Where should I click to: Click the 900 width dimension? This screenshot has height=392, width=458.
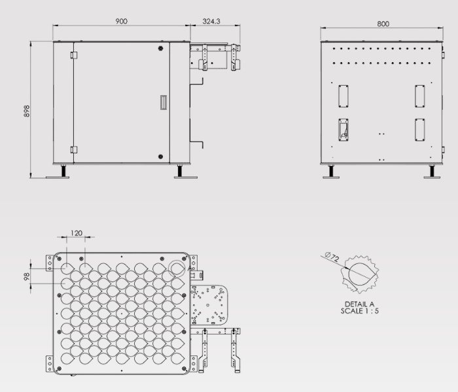pyautogui.click(x=121, y=21)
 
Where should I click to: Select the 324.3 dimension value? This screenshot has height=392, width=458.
pyautogui.click(x=211, y=21)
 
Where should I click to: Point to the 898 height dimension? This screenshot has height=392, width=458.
pyautogui.click(x=27, y=111)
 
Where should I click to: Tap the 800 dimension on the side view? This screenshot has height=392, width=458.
pyautogui.click(x=383, y=24)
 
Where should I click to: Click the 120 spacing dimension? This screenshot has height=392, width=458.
pyautogui.click(x=77, y=233)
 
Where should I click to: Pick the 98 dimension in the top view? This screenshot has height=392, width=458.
pyautogui.click(x=26, y=276)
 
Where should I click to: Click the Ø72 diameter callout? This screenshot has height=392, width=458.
pyautogui.click(x=332, y=258)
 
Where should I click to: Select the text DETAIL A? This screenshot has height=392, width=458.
pyautogui.click(x=359, y=304)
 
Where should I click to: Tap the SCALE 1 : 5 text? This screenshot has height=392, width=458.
pyautogui.click(x=359, y=311)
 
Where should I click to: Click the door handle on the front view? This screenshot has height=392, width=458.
pyautogui.click(x=164, y=103)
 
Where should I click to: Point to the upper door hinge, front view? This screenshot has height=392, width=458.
pyautogui.click(x=74, y=55)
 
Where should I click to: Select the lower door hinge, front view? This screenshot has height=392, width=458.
pyautogui.click(x=74, y=150)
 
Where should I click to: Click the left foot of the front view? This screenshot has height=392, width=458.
pyautogui.click(x=64, y=172)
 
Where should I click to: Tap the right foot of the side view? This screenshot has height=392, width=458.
pyautogui.click(x=431, y=172)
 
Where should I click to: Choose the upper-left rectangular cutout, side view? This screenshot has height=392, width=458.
pyautogui.click(x=343, y=95)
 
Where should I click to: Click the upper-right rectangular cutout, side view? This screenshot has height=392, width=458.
pyautogui.click(x=419, y=95)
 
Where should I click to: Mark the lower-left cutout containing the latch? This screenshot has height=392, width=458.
pyautogui.click(x=343, y=129)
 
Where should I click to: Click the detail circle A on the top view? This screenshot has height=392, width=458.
pyautogui.click(x=177, y=268)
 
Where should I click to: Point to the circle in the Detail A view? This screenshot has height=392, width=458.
pyautogui.click(x=359, y=272)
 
